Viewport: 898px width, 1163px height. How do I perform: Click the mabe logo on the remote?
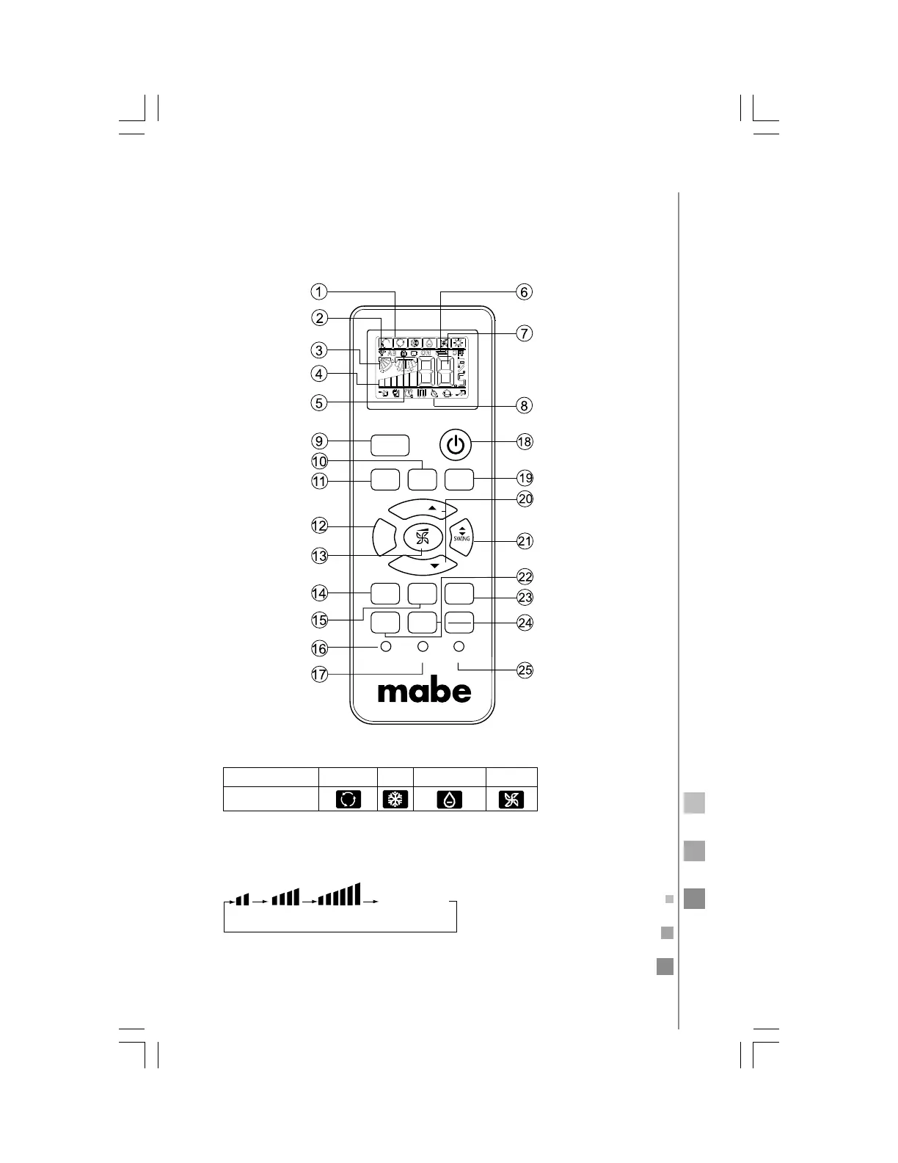click(x=424, y=690)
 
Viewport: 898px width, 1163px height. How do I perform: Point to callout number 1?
click(x=318, y=291)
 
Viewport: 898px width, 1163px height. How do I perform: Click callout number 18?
click(x=524, y=442)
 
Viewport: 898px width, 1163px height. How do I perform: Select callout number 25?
click(x=525, y=670)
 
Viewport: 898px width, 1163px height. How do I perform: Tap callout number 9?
click(x=318, y=441)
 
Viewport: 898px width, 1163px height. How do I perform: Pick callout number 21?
click(x=524, y=542)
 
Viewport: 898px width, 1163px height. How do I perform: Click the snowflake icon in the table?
click(x=395, y=800)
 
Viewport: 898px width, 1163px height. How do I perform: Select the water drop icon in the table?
click(x=449, y=800)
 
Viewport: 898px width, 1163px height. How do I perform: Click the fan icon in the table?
click(x=512, y=800)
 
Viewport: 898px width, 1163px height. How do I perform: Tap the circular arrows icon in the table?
click(x=348, y=800)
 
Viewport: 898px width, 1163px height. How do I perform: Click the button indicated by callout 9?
click(x=389, y=445)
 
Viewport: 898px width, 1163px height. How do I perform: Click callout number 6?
click(x=524, y=291)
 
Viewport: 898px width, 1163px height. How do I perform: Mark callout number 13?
click(x=319, y=556)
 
